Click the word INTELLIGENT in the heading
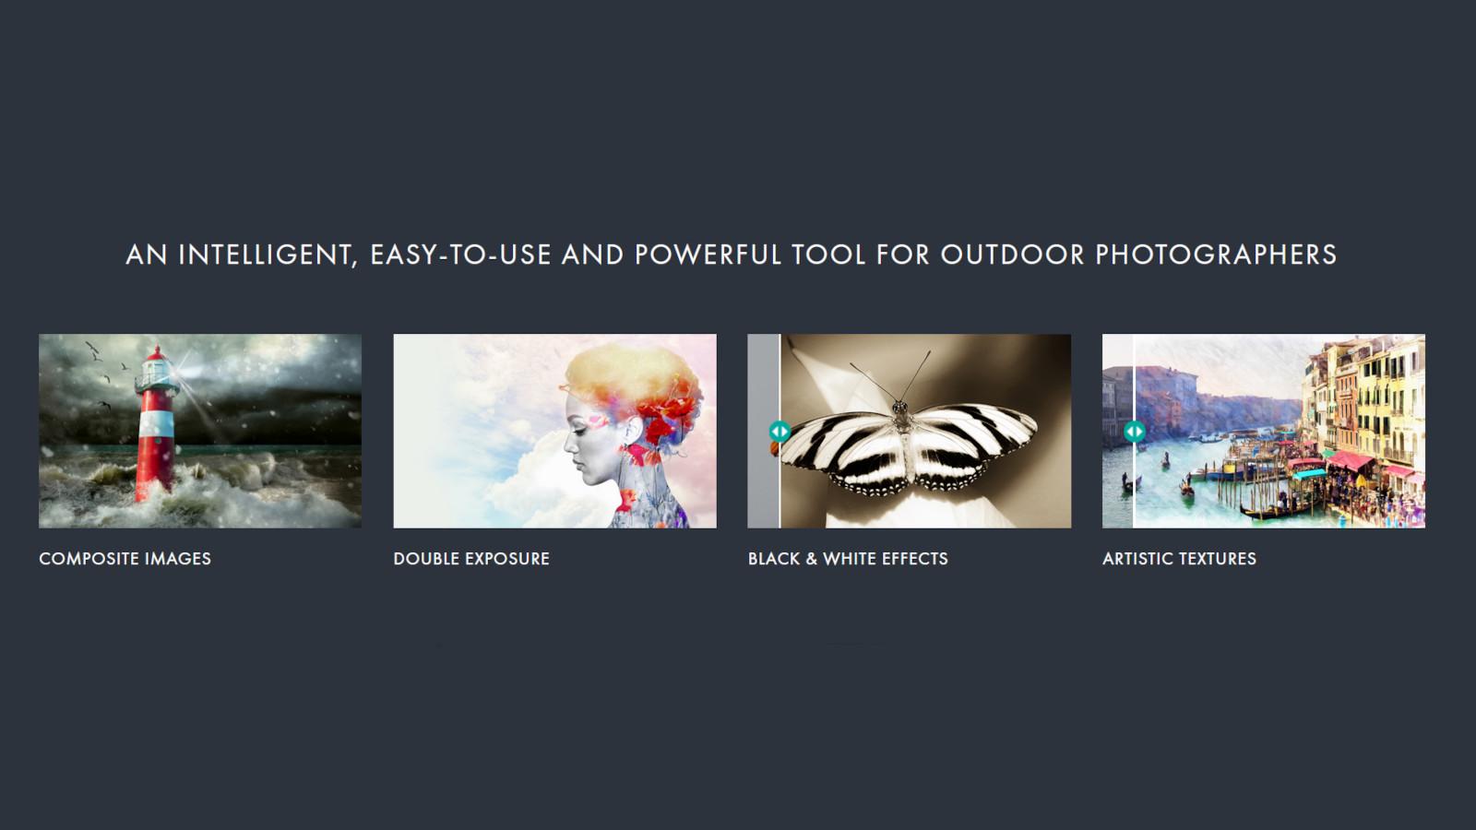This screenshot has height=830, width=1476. [x=265, y=255]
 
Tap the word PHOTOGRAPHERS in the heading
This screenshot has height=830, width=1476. [x=1216, y=255]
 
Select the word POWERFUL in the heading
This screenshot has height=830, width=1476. [x=708, y=255]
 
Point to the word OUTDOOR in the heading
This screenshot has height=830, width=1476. [x=1012, y=255]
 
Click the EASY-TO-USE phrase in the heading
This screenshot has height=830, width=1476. [x=460, y=255]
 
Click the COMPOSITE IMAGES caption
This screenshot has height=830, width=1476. [x=125, y=559]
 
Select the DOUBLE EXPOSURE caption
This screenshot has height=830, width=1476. [x=470, y=559]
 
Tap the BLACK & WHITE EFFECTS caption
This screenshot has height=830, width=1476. [x=847, y=559]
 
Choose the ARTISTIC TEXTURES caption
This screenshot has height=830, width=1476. [x=1179, y=559]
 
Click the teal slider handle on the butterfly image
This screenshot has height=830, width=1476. [x=780, y=431]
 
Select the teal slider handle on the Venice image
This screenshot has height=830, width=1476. [x=1134, y=431]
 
